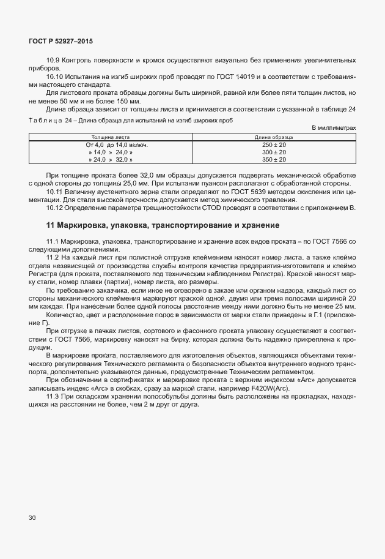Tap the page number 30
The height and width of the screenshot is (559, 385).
click(x=32, y=517)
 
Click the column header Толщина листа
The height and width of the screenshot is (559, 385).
click(x=111, y=138)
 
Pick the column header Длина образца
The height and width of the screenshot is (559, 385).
click(x=274, y=138)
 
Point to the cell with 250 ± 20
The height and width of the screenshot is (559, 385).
click(x=274, y=145)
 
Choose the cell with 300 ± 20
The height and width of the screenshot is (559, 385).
click(x=274, y=152)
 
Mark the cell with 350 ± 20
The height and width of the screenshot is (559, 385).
click(x=274, y=159)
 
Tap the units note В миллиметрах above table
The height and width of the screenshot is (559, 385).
click(x=334, y=127)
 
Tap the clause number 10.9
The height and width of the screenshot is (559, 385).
click(x=53, y=61)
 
